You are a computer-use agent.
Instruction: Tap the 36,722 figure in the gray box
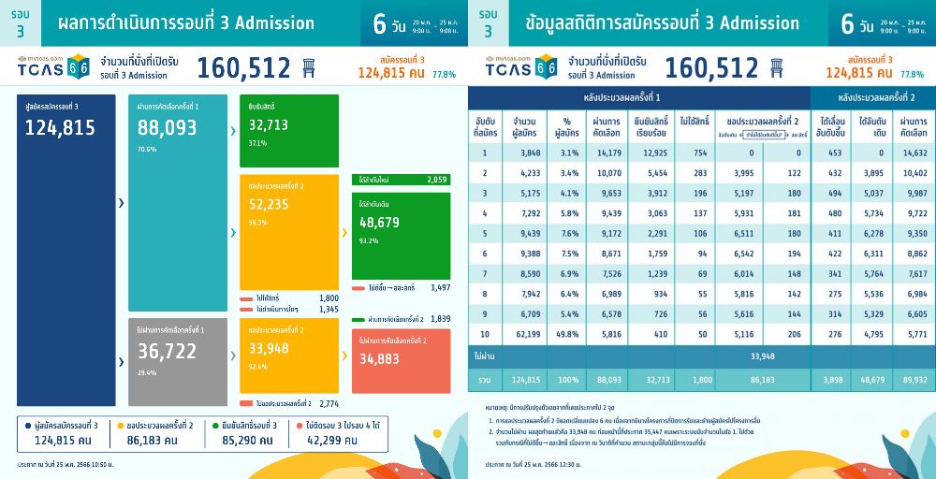click(168, 350)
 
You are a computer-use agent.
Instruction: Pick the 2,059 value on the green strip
click(437, 179)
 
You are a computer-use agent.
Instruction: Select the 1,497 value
click(437, 288)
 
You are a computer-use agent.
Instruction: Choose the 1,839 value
click(437, 319)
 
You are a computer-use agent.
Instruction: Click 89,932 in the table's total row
click(913, 380)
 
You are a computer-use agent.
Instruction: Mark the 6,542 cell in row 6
click(739, 254)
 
